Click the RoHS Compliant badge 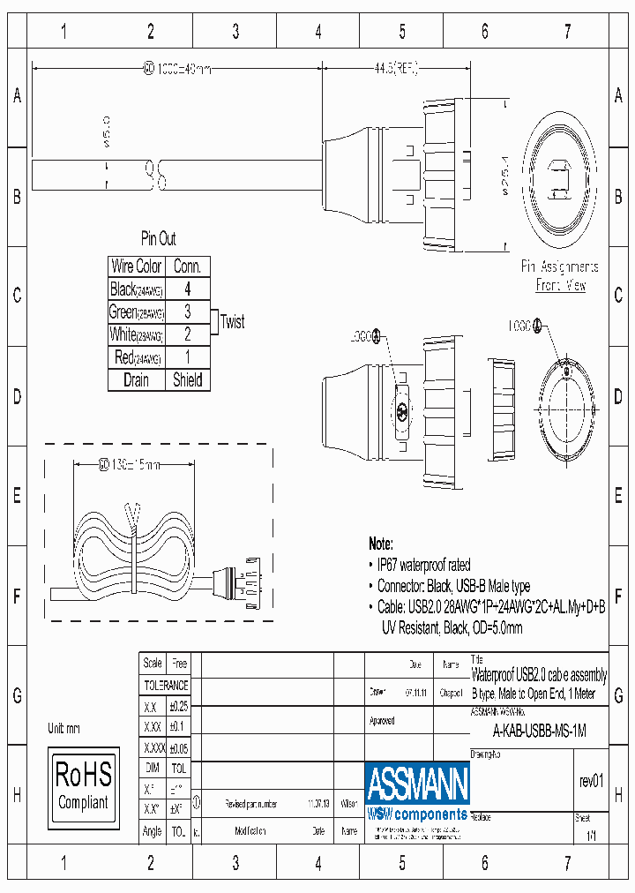coord(83,784)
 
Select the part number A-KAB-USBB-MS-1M coord(538,731)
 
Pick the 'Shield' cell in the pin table coord(187,380)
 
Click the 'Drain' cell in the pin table coord(137,380)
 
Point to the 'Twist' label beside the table coord(232,322)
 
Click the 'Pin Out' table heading coord(159,239)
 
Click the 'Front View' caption coord(560,286)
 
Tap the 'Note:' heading coord(381,544)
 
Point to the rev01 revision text coord(591,781)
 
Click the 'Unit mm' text coord(63,729)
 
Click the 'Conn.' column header coord(187,266)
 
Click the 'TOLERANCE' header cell coord(166,685)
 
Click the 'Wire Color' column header coord(137,266)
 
